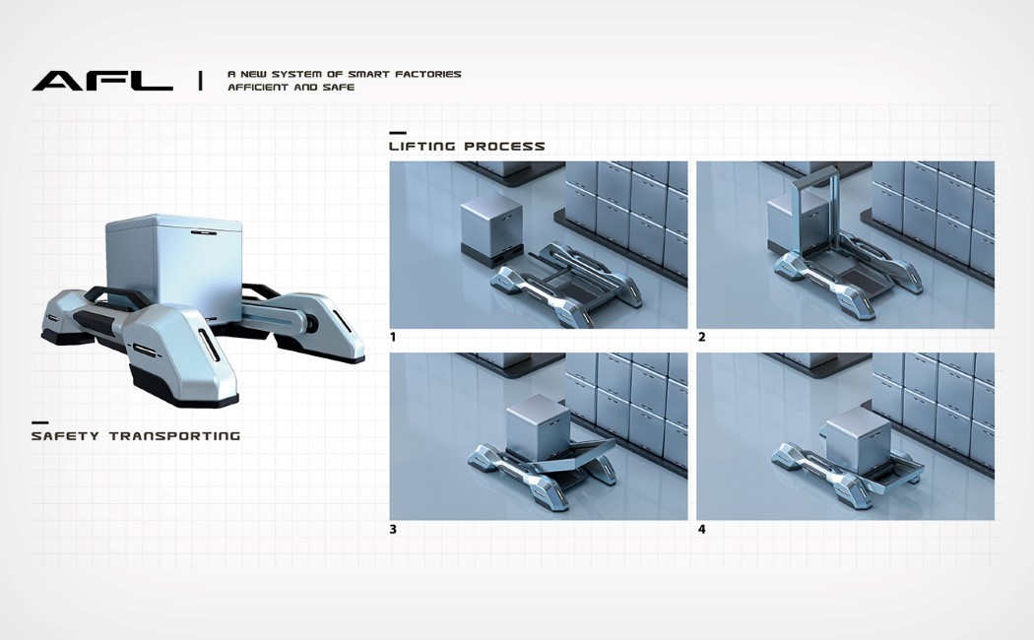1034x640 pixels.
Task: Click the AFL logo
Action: point(101,81)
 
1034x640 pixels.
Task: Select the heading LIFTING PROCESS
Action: point(467,147)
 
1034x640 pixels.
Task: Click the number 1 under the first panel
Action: point(393,338)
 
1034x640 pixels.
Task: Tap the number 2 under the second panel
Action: point(701,338)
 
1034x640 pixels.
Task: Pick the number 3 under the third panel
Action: point(393,530)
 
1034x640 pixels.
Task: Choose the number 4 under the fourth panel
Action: point(701,530)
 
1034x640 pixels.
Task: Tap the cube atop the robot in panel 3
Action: point(533,425)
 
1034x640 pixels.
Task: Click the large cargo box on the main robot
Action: point(173,266)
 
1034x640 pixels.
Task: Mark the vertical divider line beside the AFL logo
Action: point(200,81)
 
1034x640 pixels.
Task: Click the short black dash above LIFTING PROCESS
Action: point(397,132)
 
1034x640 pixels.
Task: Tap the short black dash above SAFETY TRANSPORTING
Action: point(39,421)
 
